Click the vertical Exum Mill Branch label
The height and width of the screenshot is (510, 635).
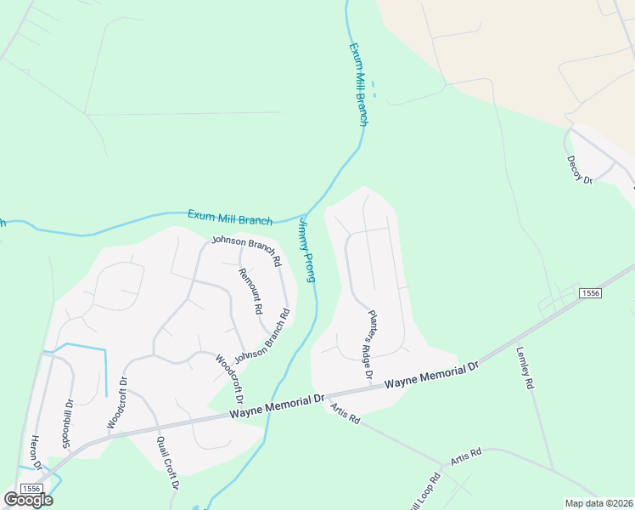[358, 85]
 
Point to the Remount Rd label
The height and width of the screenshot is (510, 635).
[251, 292]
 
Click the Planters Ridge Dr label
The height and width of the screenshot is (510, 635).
[370, 343]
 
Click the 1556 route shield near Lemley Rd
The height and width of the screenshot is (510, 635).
[591, 292]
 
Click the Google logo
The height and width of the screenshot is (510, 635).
[28, 500]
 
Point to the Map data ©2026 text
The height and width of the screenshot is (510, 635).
[598, 502]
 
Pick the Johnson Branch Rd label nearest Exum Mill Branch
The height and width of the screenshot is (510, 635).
[246, 251]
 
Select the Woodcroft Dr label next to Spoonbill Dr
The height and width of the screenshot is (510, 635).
[116, 402]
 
